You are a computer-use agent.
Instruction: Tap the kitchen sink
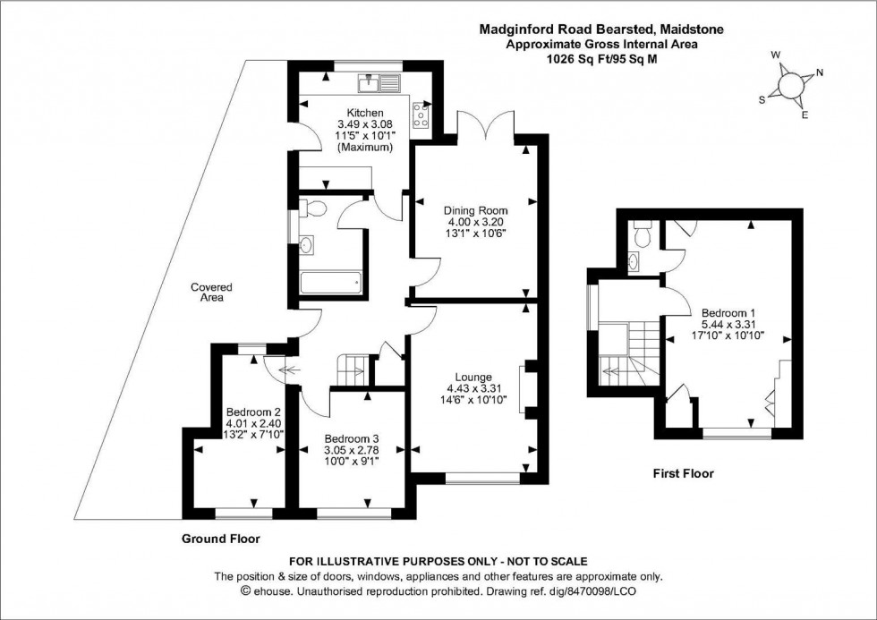pyautogui.click(x=379, y=85)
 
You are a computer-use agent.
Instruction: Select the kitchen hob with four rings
pyautogui.click(x=421, y=114)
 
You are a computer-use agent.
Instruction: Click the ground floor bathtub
pyautogui.click(x=330, y=284)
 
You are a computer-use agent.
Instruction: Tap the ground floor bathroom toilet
pyautogui.click(x=311, y=209)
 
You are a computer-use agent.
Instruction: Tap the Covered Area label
pyautogui.click(x=211, y=293)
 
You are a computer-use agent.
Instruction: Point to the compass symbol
pyautogui.click(x=790, y=85)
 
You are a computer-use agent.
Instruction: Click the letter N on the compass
pyautogui.click(x=820, y=73)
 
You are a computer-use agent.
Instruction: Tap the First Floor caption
pyautogui.click(x=683, y=473)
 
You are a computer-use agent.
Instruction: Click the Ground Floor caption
pyautogui.click(x=220, y=539)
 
